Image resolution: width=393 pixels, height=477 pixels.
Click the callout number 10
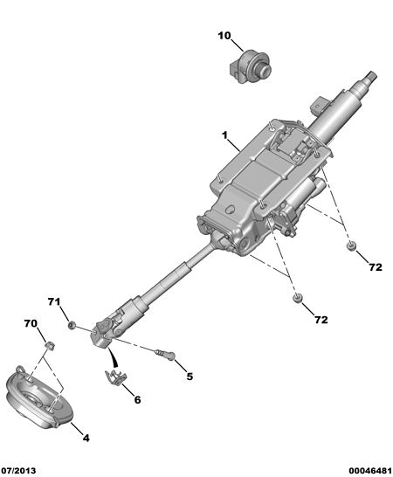click(x=224, y=36)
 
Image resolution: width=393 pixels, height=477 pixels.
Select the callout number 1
click(x=224, y=135)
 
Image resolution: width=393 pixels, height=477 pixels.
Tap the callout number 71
click(x=54, y=301)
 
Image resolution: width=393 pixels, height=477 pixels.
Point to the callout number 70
click(x=31, y=323)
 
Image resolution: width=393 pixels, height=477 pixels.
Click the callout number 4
click(x=86, y=438)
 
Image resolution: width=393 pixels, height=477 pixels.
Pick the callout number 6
click(x=137, y=399)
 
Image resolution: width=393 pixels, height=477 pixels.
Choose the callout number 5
click(x=190, y=377)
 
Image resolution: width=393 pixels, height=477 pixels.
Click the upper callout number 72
click(x=376, y=267)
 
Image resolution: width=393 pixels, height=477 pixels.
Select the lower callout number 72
click(x=321, y=320)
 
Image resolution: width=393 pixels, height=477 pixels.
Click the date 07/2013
click(x=18, y=471)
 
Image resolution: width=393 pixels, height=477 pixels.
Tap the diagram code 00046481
click(x=370, y=471)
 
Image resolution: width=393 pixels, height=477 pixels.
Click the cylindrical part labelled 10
click(x=249, y=67)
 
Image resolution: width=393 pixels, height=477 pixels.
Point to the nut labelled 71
click(x=72, y=326)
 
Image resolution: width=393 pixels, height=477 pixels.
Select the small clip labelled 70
click(x=49, y=346)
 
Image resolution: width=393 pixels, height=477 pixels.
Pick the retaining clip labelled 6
click(x=116, y=377)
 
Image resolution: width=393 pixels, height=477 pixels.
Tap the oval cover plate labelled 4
click(x=39, y=397)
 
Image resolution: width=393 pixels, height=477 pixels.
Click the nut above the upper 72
click(x=352, y=245)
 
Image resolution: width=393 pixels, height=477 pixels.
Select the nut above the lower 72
click(x=298, y=298)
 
